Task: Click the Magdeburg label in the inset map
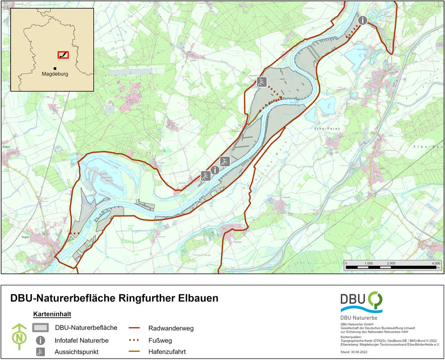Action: click(x=55, y=74)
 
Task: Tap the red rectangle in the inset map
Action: click(x=63, y=55)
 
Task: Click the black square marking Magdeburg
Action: click(x=55, y=68)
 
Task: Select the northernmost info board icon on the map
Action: click(x=363, y=20)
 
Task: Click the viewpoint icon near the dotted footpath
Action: click(x=262, y=81)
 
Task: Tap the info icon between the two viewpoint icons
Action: click(x=215, y=170)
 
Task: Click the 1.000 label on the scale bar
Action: click(x=368, y=263)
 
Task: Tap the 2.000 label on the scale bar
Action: click(x=391, y=263)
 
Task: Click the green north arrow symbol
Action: click(x=19, y=336)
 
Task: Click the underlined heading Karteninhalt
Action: click(x=52, y=315)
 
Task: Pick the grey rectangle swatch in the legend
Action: click(x=40, y=328)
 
